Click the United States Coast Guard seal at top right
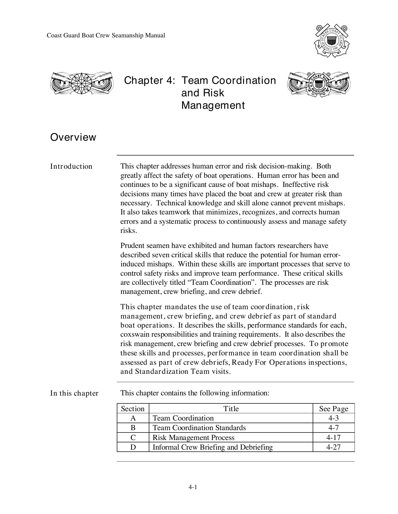pyautogui.click(x=331, y=41)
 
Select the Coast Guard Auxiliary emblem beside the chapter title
pyautogui.click(x=319, y=84)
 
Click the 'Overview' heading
pyautogui.click(x=73, y=137)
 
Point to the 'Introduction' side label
pyautogui.click(x=71, y=166)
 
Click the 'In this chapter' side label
pyautogui.click(x=74, y=393)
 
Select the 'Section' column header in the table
pyautogui.click(x=133, y=409)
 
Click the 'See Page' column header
pyautogui.click(x=333, y=409)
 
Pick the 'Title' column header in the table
pyautogui.click(x=231, y=409)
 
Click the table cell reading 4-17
pyautogui.click(x=333, y=438)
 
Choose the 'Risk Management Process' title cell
pyautogui.click(x=193, y=438)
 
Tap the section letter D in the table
pyautogui.click(x=133, y=447)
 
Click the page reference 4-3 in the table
pyautogui.click(x=333, y=418)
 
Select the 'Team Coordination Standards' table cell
pyautogui.click(x=199, y=428)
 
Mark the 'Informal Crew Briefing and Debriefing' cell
pyautogui.click(x=213, y=447)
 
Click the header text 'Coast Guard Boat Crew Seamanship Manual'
pyautogui.click(x=106, y=36)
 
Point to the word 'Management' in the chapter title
pyautogui.click(x=213, y=105)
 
